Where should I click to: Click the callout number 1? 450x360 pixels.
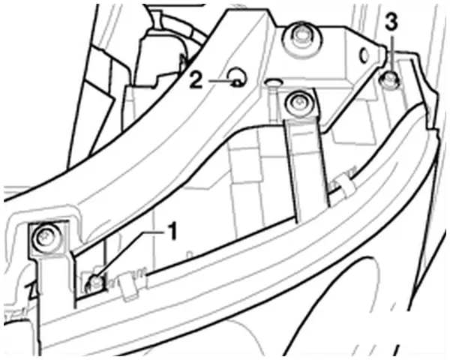(x=172, y=232)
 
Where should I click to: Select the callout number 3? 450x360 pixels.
(x=391, y=22)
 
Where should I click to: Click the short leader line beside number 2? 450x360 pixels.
(x=221, y=81)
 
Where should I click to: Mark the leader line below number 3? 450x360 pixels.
(x=392, y=54)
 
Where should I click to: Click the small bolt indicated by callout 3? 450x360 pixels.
(x=390, y=79)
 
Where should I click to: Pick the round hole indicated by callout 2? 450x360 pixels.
(x=238, y=76)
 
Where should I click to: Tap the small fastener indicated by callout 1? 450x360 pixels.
(x=94, y=283)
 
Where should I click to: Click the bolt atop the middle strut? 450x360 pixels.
(x=298, y=103)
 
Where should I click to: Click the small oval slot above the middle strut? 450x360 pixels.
(x=272, y=82)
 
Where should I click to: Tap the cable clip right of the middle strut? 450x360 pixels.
(x=344, y=187)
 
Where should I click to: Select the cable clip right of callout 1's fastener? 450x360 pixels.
(x=127, y=288)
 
